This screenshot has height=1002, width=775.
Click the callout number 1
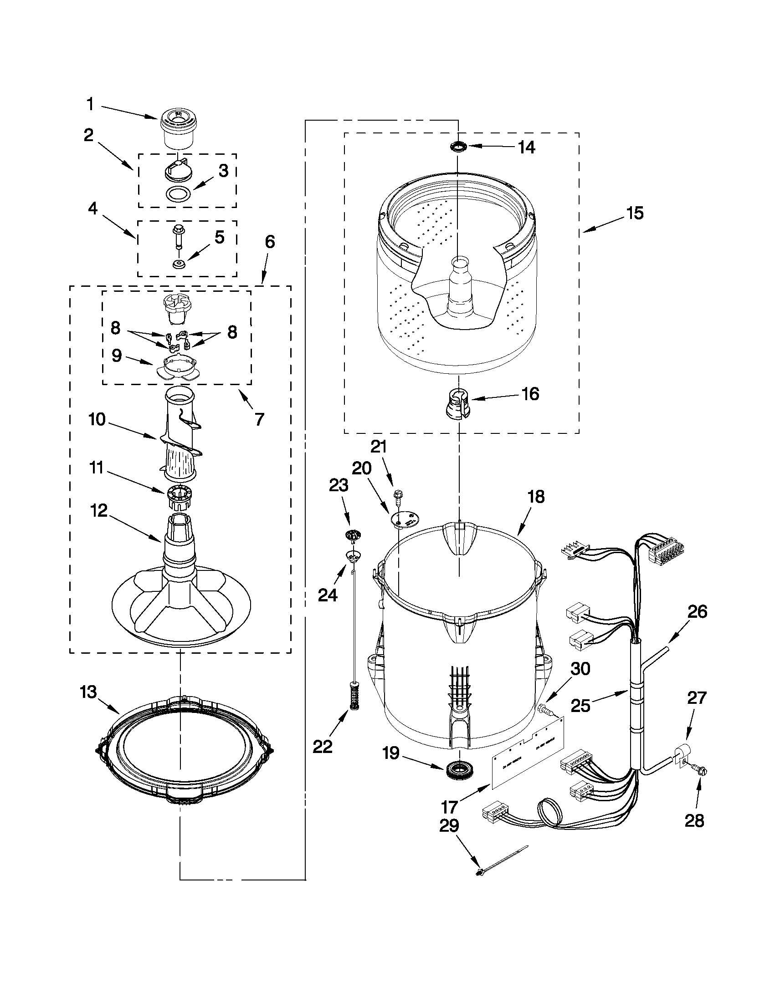(x=90, y=105)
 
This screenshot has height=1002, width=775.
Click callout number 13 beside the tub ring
(x=88, y=692)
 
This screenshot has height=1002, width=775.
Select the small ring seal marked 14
(x=458, y=147)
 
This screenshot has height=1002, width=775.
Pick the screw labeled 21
(x=397, y=495)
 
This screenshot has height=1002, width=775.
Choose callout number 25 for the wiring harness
(x=580, y=705)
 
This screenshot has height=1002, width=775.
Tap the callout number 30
(x=580, y=669)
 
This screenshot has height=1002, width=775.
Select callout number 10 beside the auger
(x=98, y=419)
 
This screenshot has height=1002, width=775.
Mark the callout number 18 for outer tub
(x=536, y=496)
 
